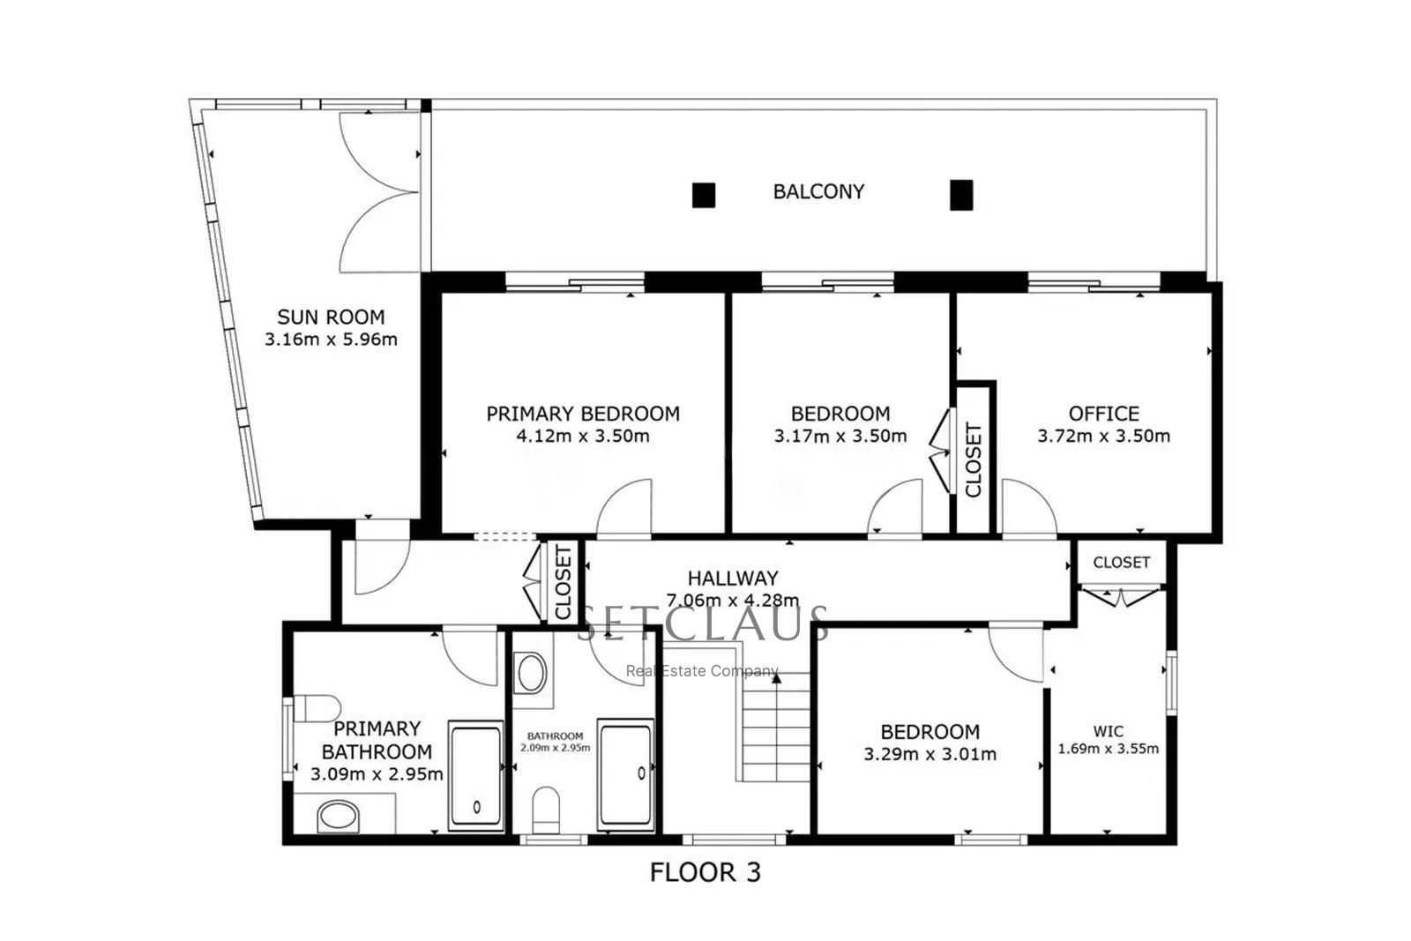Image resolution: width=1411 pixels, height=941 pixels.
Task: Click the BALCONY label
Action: [818, 191]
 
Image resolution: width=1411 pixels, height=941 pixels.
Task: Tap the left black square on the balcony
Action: [703, 195]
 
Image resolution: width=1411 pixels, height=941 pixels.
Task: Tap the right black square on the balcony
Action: [960, 195]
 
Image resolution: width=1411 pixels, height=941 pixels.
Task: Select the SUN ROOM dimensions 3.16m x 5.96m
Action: [331, 339]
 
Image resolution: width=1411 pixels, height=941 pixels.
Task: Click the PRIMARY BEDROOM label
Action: [583, 414]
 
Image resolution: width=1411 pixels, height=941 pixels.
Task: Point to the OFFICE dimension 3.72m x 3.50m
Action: [1103, 436]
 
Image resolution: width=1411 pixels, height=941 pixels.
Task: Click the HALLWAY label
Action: [733, 579]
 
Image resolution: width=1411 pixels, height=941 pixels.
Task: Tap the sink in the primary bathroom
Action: [338, 816]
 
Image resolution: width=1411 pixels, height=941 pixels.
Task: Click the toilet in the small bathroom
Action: [547, 809]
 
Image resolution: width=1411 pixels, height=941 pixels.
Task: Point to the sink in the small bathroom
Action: [531, 674]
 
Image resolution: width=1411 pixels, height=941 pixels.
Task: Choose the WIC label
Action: [1108, 731]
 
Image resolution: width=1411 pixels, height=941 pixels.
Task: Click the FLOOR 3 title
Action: [705, 872]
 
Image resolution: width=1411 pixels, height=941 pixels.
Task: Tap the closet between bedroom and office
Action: [974, 459]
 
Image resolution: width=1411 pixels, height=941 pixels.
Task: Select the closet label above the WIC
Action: [1121, 562]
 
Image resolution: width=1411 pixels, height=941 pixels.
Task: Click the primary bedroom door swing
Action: [624, 510]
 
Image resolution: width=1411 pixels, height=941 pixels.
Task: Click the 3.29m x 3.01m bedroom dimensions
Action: [929, 754]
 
